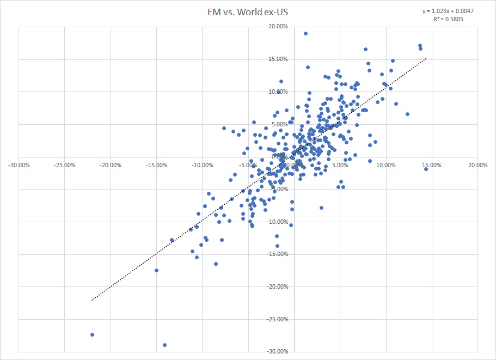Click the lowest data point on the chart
pos(164,345)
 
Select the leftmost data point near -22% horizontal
pos(92,334)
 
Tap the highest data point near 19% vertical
pos(305,33)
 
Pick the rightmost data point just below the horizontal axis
pos(426,169)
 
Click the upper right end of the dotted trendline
pos(426,58)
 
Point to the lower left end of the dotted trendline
pos(91,300)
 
